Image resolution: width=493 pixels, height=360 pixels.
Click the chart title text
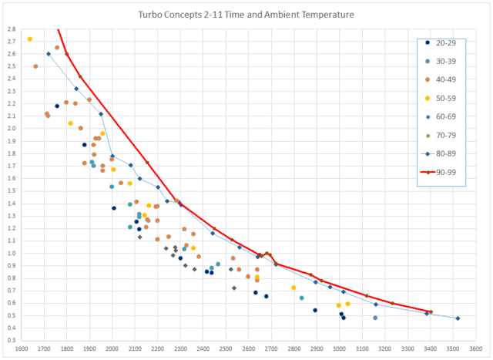coord(246,15)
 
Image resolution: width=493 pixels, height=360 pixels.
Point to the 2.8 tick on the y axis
coord(11,29)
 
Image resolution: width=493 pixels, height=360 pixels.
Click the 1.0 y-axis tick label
coord(11,253)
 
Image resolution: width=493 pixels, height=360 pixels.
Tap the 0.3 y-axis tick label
coord(11,339)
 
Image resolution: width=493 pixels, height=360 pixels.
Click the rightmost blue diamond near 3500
coord(458,318)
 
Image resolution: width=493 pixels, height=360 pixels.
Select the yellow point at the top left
coord(30,39)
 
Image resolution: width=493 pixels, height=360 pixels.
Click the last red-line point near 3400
coord(431,312)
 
